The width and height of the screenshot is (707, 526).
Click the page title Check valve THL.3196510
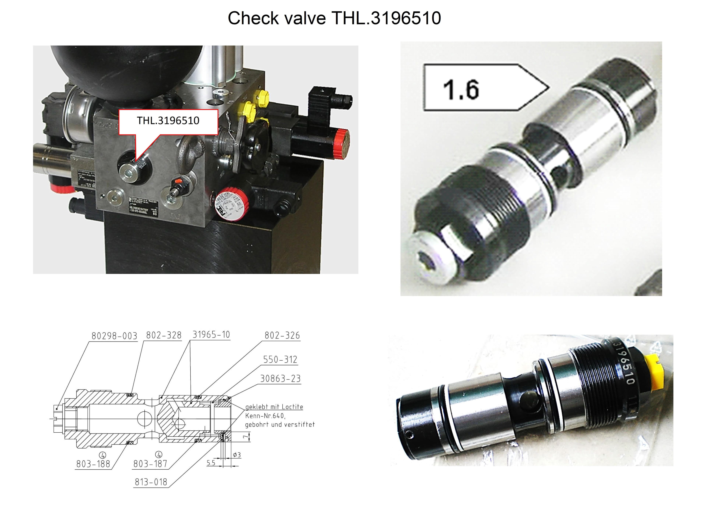[334, 18]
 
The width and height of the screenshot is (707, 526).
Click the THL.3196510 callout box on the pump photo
[168, 121]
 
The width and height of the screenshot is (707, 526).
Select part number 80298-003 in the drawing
[114, 336]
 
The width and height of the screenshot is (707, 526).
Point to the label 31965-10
[211, 335]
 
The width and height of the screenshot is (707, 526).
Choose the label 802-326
[282, 335]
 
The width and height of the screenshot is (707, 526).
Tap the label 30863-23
[280, 379]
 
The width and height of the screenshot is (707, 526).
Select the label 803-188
[93, 464]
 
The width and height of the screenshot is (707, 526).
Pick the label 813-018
[151, 482]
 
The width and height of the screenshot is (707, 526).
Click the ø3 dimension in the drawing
[237, 455]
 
